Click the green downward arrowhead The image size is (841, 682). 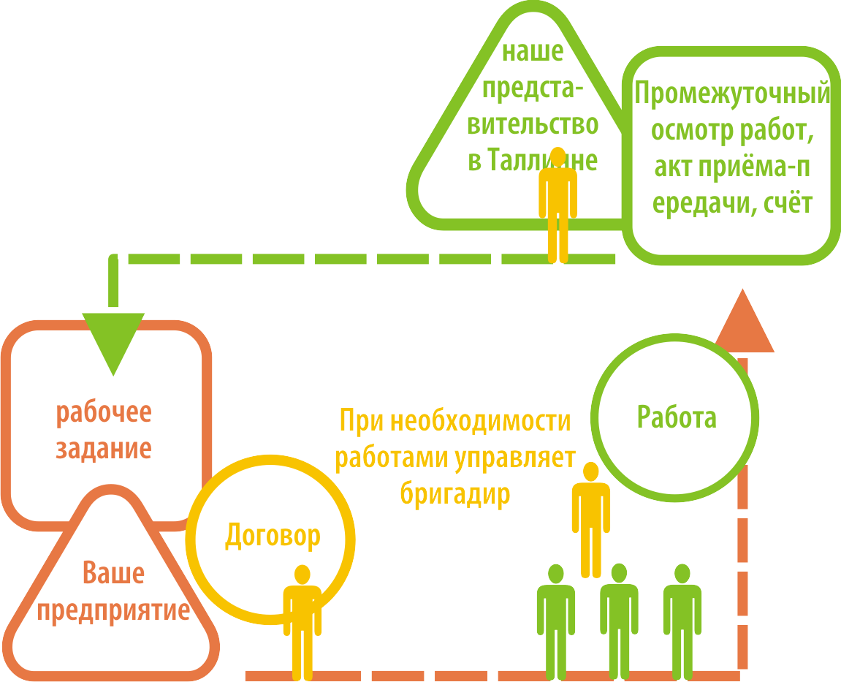(113, 340)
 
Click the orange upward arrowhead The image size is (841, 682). (744, 325)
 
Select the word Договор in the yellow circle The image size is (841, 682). (272, 536)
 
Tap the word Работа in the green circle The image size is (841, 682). (677, 417)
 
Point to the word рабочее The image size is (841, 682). (104, 412)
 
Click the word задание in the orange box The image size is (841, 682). (104, 447)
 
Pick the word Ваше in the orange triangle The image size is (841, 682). (113, 573)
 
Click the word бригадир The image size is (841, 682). (454, 494)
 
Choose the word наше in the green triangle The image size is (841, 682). (532, 53)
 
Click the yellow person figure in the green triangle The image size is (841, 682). (558, 205)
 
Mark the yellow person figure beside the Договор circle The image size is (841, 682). (302, 621)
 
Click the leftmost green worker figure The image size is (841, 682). (556, 621)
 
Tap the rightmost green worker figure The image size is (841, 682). (682, 621)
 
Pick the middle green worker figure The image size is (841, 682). (619, 621)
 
